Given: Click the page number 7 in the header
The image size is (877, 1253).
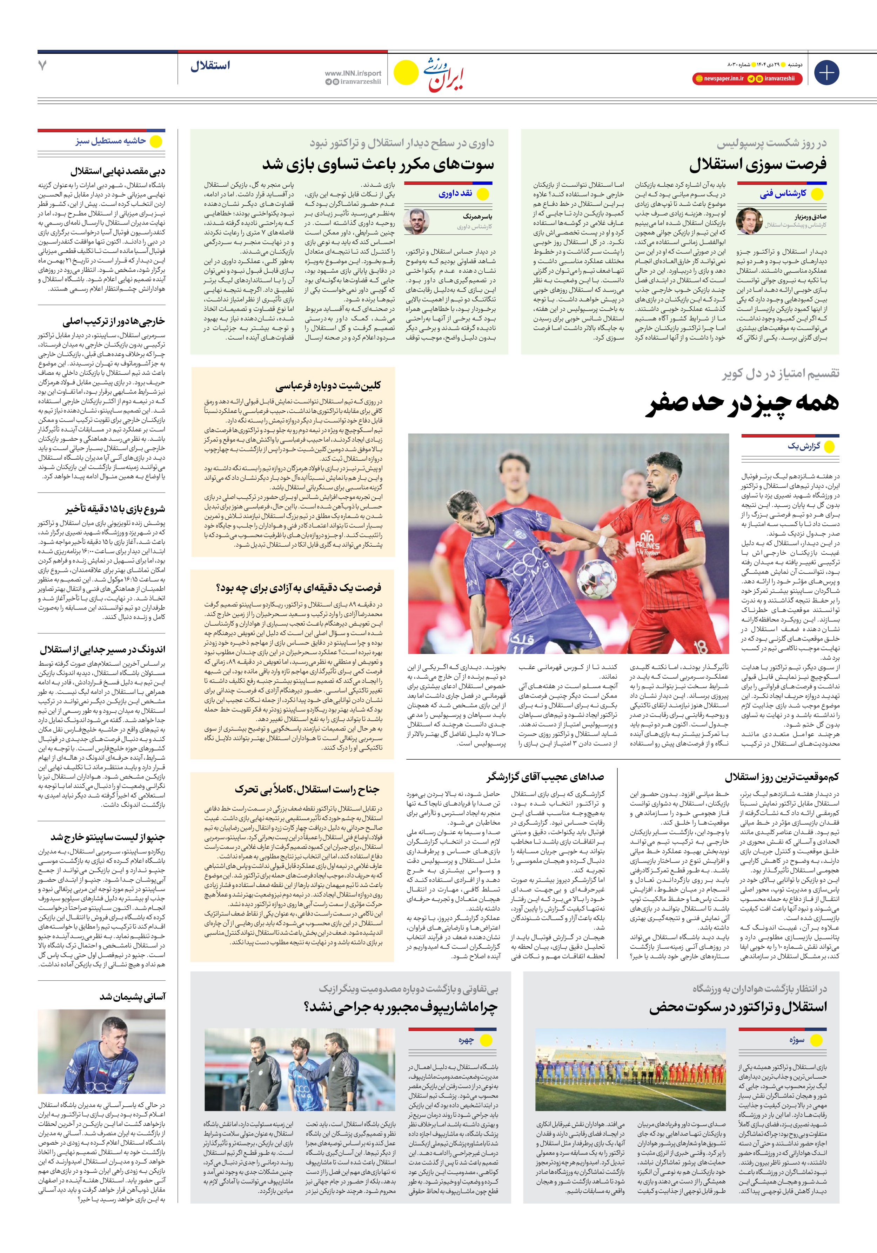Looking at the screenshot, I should click(42, 66).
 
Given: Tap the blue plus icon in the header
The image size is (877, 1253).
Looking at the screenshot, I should click(826, 73).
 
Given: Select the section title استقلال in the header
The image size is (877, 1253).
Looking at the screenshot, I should click(210, 66).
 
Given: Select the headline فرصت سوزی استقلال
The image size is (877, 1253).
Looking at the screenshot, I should click(757, 164).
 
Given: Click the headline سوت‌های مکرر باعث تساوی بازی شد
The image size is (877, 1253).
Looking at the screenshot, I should click(378, 164).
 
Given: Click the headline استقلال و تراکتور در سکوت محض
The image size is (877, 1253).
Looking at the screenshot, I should click(738, 1007).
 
